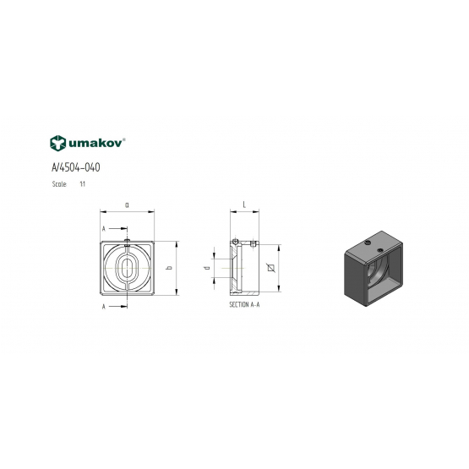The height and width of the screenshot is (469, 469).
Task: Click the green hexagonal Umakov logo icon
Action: (57, 143)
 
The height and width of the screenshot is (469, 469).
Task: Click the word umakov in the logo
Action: (95, 144)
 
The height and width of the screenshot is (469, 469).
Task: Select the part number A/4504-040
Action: (76, 167)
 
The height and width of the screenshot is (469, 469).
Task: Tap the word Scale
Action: (59, 184)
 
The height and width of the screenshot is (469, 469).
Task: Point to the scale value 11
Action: (83, 184)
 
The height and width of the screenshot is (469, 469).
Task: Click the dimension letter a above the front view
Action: (127, 205)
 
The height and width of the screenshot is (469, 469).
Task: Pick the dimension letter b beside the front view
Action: (169, 268)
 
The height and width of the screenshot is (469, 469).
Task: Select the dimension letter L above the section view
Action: (244, 205)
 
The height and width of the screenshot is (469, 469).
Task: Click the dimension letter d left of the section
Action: (207, 268)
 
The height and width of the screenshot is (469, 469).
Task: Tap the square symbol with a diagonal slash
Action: (271, 268)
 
